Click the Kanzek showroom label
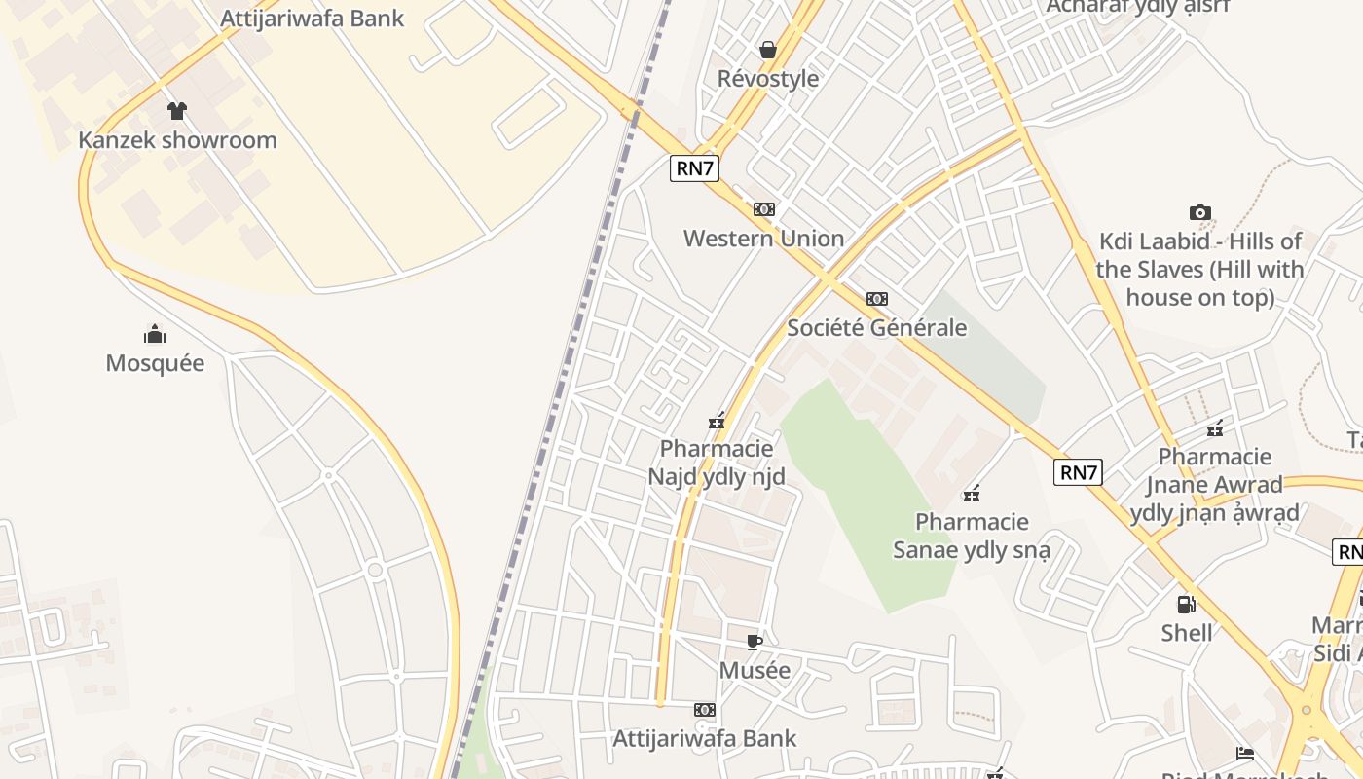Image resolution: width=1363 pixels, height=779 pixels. (x=177, y=140)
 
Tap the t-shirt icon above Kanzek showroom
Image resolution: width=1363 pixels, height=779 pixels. (x=176, y=111)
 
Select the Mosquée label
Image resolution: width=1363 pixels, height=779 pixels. (x=155, y=363)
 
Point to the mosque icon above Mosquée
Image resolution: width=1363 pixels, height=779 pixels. (x=155, y=335)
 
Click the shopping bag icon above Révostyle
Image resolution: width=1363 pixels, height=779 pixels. (x=768, y=49)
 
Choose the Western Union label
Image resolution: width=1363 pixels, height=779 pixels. (x=763, y=239)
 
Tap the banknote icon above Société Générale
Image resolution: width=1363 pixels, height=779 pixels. (x=877, y=299)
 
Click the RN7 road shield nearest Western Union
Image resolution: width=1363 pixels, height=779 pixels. (x=695, y=167)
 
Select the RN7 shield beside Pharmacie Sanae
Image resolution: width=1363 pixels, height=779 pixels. (x=1079, y=473)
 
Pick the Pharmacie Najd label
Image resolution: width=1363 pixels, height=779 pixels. (x=717, y=463)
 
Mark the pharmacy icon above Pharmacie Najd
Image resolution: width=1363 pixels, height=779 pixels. (x=717, y=422)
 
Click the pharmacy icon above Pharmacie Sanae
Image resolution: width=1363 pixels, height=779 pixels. (x=972, y=494)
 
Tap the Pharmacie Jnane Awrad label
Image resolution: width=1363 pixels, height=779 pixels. (x=1215, y=485)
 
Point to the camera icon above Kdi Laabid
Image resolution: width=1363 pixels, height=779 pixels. (x=1200, y=212)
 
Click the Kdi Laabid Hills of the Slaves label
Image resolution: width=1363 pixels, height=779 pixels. (x=1199, y=270)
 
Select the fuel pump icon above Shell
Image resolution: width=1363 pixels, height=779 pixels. (x=1186, y=605)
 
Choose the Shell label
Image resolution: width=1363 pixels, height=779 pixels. (x=1187, y=633)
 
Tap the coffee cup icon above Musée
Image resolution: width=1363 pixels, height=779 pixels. (x=754, y=641)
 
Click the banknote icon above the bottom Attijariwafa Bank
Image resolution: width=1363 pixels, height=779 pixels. (x=705, y=710)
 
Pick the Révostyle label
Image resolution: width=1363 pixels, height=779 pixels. (x=768, y=79)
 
